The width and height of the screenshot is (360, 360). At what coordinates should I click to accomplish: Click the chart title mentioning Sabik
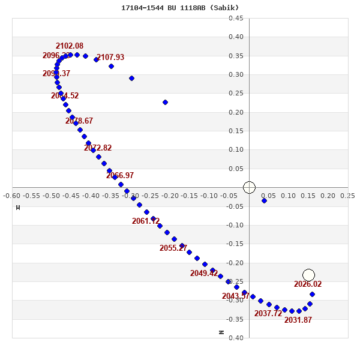[180, 8]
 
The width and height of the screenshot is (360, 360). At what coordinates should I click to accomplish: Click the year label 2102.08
[70, 46]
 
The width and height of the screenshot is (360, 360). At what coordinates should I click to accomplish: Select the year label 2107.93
[110, 58]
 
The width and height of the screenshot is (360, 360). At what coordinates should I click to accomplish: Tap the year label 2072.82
[98, 148]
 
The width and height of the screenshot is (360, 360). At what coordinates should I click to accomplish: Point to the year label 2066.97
[120, 176]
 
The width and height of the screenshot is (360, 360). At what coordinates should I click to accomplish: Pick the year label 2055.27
[173, 248]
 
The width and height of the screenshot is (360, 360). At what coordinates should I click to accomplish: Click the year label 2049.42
[204, 274]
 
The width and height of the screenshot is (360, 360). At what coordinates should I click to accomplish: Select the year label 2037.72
[268, 314]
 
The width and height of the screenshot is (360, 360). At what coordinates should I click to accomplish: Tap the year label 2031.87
[298, 320]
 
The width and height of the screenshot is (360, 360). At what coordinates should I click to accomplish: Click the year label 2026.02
[308, 284]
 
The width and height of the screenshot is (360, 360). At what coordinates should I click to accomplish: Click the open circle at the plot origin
[250, 187]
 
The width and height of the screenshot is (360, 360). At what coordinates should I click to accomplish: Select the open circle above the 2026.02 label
[308, 275]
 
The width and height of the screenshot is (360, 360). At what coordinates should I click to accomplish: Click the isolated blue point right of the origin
[265, 200]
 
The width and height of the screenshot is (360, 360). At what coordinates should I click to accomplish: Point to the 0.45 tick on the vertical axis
[236, 18]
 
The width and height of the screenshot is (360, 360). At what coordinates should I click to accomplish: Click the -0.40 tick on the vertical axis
[235, 338]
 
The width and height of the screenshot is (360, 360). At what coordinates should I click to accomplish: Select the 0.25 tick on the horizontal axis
[347, 196]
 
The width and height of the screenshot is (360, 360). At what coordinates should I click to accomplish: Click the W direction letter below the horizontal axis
[18, 208]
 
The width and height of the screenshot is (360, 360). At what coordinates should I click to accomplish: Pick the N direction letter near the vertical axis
[221, 332]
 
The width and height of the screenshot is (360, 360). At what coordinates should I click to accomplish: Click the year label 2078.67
[79, 121]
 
